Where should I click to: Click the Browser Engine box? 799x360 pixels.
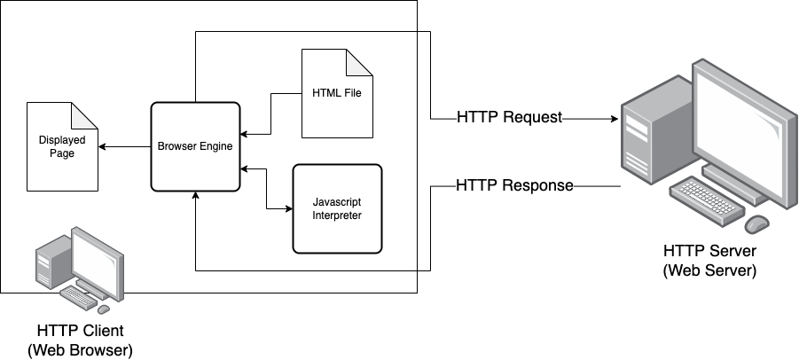coord(195,146)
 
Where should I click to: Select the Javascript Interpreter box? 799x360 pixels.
coord(337,208)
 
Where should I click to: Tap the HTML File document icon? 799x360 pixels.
coord(337,93)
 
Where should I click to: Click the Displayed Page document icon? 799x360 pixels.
coord(61,146)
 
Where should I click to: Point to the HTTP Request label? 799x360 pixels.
coord(510,117)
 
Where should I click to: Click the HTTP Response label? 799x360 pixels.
coord(514,186)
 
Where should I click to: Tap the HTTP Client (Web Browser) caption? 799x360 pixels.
coord(80,340)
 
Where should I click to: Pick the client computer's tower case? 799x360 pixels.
coord(46,267)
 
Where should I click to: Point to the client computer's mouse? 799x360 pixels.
coord(103,309)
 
